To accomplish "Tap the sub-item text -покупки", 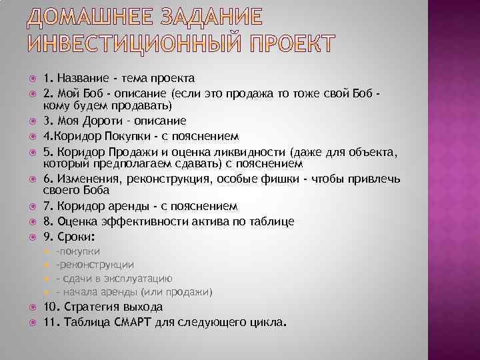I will [78, 251].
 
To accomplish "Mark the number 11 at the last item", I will [49, 323].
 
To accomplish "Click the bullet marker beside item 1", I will [33, 79].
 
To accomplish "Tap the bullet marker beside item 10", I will [33, 308].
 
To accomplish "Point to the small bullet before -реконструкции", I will [46, 265].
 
